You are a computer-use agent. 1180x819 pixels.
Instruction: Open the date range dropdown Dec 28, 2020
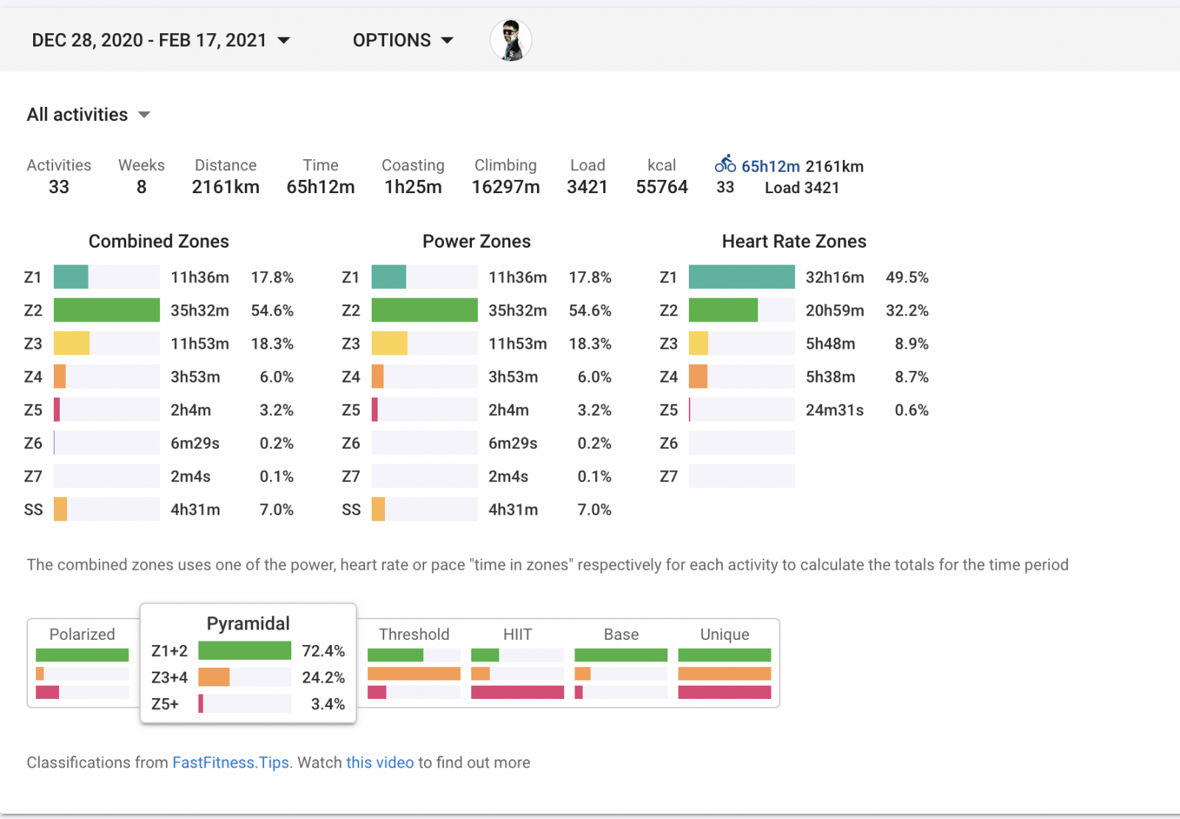[161, 41]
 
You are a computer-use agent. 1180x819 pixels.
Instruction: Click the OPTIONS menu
[403, 41]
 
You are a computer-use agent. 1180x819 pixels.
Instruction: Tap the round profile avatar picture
[510, 41]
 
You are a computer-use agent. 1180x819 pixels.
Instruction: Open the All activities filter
[88, 115]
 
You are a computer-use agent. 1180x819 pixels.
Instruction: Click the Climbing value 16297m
[505, 187]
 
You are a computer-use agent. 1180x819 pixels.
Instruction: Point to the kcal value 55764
[662, 187]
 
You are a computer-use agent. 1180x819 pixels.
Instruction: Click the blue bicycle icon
[725, 164]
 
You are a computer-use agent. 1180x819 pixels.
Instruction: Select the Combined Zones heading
[159, 242]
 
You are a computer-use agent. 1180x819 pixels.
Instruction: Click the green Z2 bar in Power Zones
[424, 310]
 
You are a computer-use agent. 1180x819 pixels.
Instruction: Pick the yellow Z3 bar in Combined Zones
[72, 344]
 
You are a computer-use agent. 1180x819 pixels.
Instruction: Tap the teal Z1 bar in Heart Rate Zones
[741, 277]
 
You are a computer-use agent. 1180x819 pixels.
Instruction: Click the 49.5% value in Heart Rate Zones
[906, 278]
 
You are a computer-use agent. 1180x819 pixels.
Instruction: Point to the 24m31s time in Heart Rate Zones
[834, 411]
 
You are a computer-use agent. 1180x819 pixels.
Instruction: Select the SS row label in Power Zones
[351, 510]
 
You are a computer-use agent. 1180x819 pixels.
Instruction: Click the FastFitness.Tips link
[231, 763]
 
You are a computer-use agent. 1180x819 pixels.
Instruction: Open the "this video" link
[380, 763]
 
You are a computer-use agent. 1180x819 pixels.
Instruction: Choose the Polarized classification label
[82, 635]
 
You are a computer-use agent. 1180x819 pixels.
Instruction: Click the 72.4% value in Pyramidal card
[323, 651]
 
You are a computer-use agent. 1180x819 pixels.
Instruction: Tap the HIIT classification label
[517, 635]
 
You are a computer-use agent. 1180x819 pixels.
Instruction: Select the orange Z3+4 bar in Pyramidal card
[214, 677]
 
